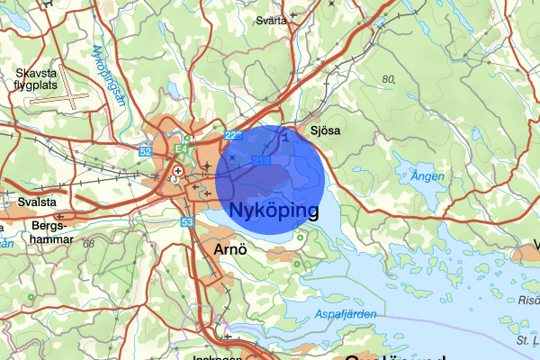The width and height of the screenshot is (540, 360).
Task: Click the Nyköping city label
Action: point(274,211)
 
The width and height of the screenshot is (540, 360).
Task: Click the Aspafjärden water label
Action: point(346,313)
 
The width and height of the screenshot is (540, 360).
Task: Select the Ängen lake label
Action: point(427,177)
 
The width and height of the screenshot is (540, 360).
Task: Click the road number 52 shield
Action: point(145,152)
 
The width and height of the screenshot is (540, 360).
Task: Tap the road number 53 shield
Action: point(186,221)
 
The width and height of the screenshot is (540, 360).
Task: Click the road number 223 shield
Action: point(234,135)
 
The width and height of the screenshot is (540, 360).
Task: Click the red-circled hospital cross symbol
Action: point(178,170)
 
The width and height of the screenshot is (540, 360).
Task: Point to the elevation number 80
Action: point(388,79)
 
